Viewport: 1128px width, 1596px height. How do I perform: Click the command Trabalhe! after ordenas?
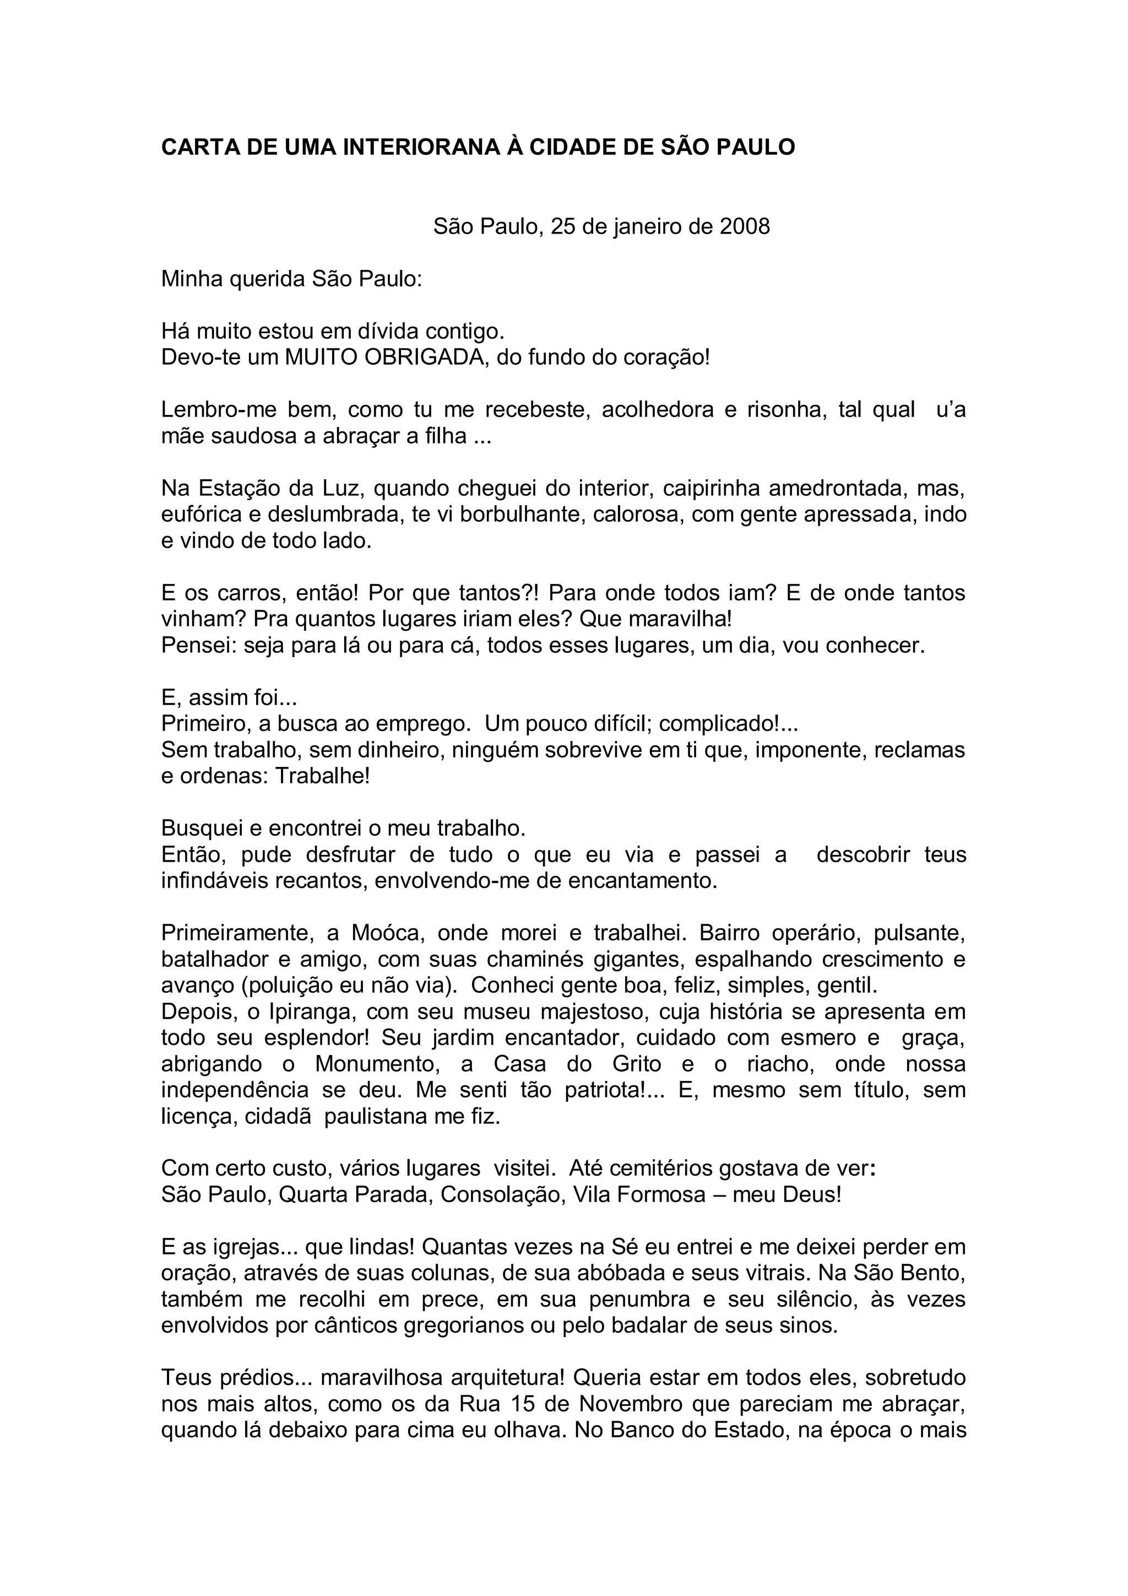pyautogui.click(x=323, y=776)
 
